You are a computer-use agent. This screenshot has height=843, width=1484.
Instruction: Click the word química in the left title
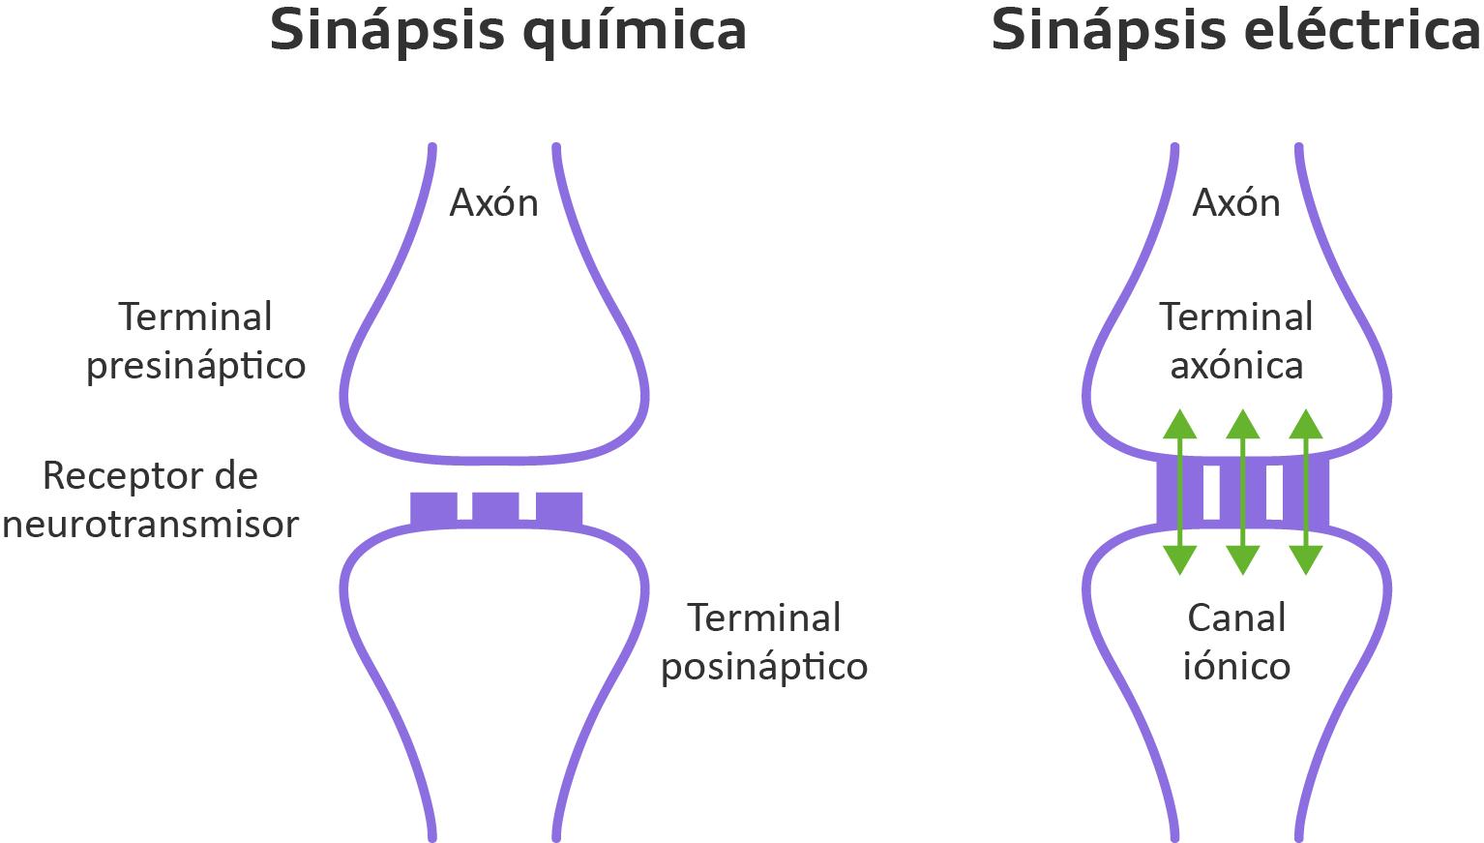pyautogui.click(x=634, y=31)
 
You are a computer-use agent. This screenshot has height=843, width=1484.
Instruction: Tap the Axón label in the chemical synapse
pyautogui.click(x=493, y=203)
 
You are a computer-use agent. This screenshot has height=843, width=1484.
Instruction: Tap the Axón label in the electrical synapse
pyautogui.click(x=1236, y=203)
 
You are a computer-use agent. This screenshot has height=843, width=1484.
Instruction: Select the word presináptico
pyautogui.click(x=196, y=367)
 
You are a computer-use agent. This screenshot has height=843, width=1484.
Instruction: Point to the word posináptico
pyautogui.click(x=764, y=668)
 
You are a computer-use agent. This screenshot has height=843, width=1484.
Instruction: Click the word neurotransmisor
pyautogui.click(x=150, y=525)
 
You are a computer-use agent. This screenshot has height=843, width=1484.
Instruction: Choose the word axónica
pyautogui.click(x=1236, y=366)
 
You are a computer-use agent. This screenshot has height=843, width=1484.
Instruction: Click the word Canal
pyautogui.click(x=1236, y=618)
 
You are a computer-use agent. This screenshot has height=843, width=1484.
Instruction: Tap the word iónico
pyautogui.click(x=1236, y=667)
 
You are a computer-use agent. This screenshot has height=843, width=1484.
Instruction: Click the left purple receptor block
pyautogui.click(x=433, y=508)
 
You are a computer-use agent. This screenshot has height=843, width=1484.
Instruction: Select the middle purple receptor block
pyautogui.click(x=495, y=508)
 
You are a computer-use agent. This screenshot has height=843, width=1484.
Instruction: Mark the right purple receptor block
pyautogui.click(x=559, y=508)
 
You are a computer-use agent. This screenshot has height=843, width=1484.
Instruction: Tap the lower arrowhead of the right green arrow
pyautogui.click(x=1306, y=559)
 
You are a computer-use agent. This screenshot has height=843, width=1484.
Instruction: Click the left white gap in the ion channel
pyautogui.click(x=1211, y=492)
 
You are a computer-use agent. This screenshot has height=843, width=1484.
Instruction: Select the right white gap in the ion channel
pyautogui.click(x=1274, y=492)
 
